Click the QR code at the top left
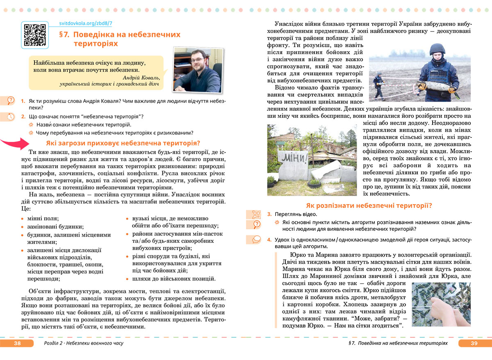click(35, 35)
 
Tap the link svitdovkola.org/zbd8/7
click(86, 24)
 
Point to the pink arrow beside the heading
click(14, 143)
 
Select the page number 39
click(474, 343)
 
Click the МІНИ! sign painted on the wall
click(294, 158)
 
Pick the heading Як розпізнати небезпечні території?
click(369, 205)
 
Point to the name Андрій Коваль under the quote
click(140, 77)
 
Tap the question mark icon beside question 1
click(11, 100)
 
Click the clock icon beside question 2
click(11, 116)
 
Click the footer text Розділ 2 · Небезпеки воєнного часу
click(83, 343)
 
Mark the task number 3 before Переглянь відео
click(269, 214)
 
